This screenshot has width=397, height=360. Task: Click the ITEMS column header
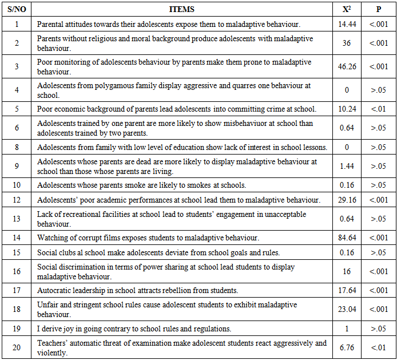point(182,9)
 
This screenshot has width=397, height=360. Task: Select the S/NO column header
point(17,9)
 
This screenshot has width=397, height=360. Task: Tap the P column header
point(378,9)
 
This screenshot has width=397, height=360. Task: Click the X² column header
point(347,9)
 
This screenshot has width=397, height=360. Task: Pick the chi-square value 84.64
point(347,238)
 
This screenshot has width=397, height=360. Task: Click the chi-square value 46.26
point(347,66)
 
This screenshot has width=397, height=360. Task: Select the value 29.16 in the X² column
point(347,200)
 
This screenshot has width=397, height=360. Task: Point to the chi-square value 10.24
point(347,109)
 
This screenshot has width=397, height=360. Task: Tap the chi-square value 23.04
point(347,309)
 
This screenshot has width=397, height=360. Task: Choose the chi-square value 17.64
point(347,290)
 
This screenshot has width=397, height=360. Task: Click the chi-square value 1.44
point(347,166)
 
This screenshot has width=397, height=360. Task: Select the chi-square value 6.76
point(347,347)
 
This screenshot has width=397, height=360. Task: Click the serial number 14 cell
point(17,238)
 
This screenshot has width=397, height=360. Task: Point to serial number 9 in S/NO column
point(17,166)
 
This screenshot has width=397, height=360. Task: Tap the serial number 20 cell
point(17,347)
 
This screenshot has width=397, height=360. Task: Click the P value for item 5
point(378,109)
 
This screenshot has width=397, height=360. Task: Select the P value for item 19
point(378,329)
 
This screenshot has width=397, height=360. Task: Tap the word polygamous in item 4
point(108,86)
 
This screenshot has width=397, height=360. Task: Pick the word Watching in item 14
point(52,238)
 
